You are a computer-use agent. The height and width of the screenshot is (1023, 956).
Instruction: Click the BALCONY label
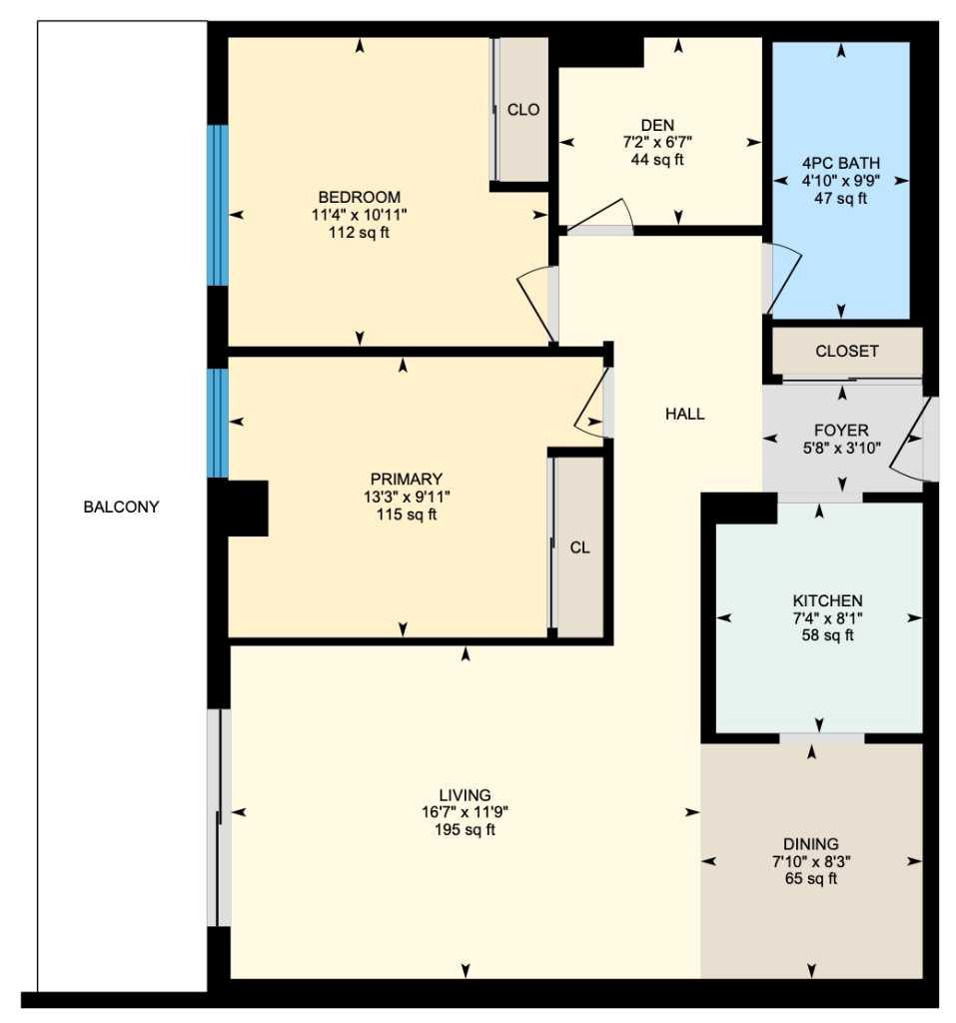click(121, 507)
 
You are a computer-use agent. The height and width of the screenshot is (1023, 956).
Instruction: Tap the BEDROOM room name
click(360, 197)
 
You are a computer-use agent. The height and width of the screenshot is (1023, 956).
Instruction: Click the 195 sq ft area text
click(465, 830)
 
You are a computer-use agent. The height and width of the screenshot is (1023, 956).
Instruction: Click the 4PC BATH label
click(841, 163)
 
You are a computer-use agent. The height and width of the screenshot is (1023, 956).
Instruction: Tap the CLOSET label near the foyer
click(847, 351)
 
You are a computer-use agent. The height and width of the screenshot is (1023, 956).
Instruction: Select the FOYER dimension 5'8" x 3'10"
click(841, 448)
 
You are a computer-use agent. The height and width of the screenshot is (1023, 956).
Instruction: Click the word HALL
click(685, 414)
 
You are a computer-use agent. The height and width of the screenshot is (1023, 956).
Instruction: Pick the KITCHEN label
click(827, 600)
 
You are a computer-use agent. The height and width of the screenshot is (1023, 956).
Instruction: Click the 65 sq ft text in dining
click(810, 879)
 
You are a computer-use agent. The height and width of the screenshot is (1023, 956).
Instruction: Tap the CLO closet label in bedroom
click(523, 110)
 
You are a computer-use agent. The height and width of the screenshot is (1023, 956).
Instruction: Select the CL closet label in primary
click(579, 546)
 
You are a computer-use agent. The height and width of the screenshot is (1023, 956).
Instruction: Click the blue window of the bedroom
click(217, 205)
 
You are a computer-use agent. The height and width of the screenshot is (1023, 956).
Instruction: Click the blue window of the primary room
click(217, 423)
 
